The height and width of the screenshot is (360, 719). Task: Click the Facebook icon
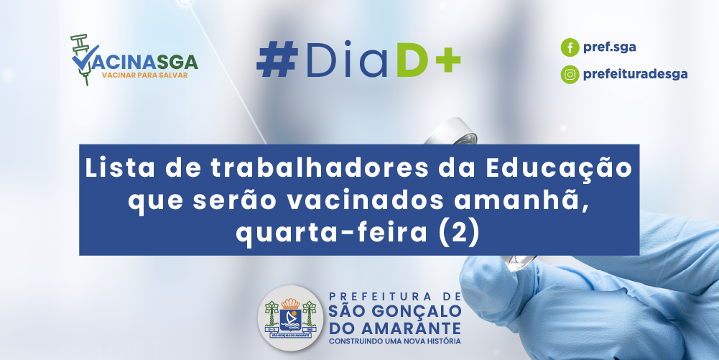click(570, 47)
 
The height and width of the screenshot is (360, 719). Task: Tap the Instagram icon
click(570, 74)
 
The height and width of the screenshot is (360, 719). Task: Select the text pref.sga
click(609, 47)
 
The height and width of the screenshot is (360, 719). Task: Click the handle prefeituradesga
click(635, 74)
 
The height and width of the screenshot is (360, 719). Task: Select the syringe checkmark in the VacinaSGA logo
click(84, 58)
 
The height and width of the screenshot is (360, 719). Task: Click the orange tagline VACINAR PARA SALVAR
click(144, 75)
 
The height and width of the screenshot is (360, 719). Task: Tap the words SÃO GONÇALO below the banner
click(395, 311)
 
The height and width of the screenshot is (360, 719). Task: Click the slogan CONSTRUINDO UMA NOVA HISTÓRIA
click(395, 341)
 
